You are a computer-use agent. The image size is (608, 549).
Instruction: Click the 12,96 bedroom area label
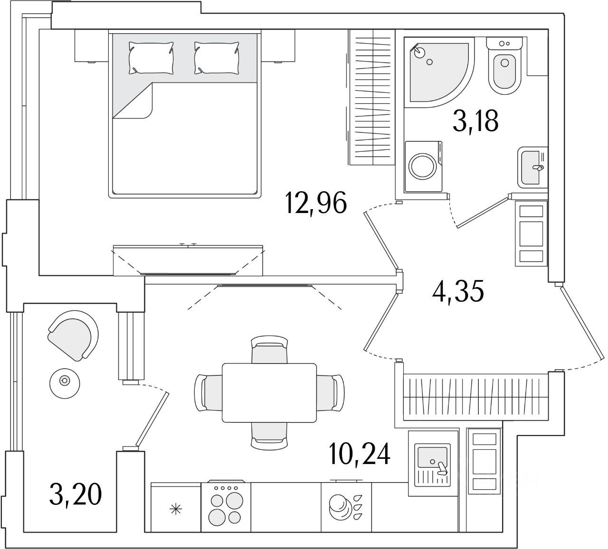tap(316, 203)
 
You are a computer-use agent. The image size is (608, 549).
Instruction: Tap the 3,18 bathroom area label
tap(475, 121)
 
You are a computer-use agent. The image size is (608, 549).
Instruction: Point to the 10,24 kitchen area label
tap(360, 454)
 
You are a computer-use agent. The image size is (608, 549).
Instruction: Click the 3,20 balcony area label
tap(75, 495)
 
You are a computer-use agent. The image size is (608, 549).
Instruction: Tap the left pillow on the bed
tap(151, 57)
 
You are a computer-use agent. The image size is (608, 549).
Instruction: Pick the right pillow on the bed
tap(217, 57)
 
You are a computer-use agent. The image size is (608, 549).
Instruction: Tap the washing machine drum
tap(422, 167)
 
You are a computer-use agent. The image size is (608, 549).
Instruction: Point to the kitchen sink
tap(432, 459)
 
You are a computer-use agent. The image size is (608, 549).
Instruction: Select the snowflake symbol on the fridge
tap(176, 510)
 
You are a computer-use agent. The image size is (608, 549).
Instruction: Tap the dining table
tap(269, 392)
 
